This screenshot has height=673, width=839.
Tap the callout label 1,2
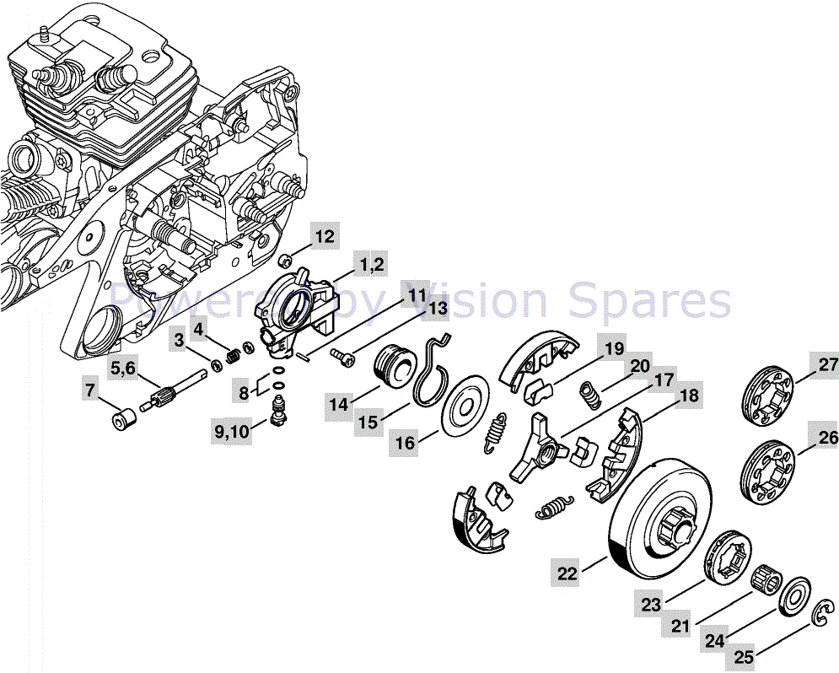(371, 265)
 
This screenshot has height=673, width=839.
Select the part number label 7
(90, 390)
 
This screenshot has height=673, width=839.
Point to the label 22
(567, 573)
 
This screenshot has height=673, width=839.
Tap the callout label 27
(827, 364)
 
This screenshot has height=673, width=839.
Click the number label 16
(406, 443)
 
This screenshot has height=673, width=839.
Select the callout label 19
(613, 347)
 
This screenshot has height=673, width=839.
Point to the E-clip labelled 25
(820, 616)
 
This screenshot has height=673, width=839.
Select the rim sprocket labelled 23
(728, 557)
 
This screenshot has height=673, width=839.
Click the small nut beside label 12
(287, 260)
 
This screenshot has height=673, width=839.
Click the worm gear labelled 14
(392, 368)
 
